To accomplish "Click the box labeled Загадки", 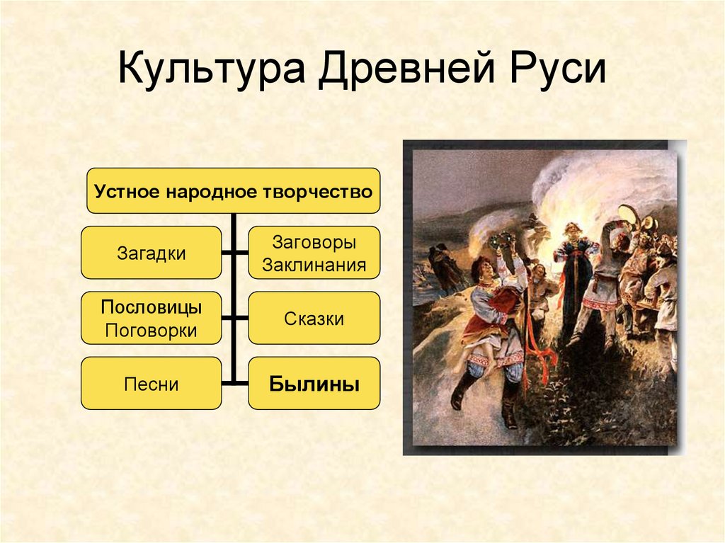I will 151,253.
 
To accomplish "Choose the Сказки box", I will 314,319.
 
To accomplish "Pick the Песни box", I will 151,384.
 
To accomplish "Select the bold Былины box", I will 314,384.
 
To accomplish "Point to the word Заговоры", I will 314,242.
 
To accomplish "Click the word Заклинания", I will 314,265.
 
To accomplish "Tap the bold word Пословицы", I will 151,308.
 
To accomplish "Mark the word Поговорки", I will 151,330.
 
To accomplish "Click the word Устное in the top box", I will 125,191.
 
